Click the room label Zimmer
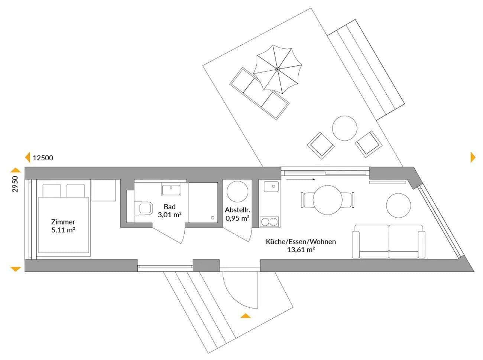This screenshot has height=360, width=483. (x=63, y=222)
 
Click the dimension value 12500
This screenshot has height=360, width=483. (x=43, y=158)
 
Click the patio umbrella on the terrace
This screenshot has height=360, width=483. (x=278, y=69)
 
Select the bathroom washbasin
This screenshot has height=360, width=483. (x=171, y=189)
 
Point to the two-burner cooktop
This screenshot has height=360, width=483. (x=270, y=222)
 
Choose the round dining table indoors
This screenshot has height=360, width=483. (x=327, y=200)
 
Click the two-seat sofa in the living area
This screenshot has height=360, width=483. (x=388, y=241)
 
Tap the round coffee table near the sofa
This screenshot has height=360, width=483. (x=399, y=205)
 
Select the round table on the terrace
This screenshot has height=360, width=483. (x=345, y=128)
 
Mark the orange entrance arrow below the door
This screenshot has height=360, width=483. (x=245, y=316)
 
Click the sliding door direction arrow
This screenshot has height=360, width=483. (x=301, y=179)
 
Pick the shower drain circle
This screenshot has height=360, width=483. (x=213, y=218)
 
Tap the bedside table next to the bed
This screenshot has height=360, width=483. (x=104, y=190)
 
